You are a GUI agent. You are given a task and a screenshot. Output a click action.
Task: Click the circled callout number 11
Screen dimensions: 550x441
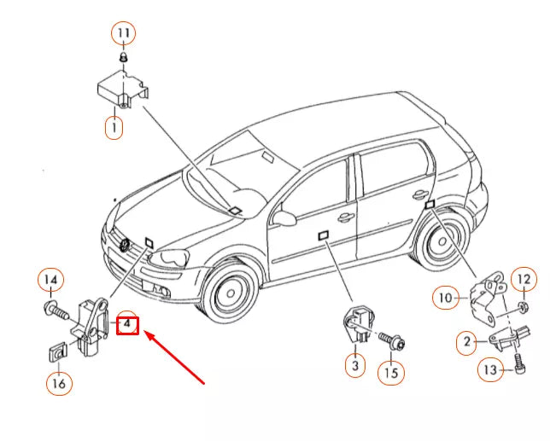pos(124,33)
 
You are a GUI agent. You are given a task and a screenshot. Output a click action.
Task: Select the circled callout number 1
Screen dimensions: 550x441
pos(114,127)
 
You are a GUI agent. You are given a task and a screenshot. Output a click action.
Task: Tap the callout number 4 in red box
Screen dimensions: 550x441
pos(127,325)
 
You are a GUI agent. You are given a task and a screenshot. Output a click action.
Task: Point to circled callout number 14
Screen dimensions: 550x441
pos(51,280)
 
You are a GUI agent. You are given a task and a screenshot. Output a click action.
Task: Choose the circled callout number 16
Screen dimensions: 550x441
pos(59,383)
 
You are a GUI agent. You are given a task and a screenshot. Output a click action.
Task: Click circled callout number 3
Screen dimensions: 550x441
pos(355,365)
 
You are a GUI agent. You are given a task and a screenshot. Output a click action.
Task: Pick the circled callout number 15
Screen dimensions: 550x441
pos(391,373)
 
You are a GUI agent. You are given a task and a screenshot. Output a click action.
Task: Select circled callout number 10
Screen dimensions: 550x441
pos(446,298)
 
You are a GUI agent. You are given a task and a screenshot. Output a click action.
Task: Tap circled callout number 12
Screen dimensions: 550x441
pos(524,279)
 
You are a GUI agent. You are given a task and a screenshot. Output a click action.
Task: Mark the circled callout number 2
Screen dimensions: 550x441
pos(467,342)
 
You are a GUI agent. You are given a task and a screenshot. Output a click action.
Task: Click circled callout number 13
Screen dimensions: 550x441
pos(490,369)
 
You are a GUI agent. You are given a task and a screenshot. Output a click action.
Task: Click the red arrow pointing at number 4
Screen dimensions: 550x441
pos(174,357)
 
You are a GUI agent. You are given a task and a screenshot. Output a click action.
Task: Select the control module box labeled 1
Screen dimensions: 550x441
pos(123,90)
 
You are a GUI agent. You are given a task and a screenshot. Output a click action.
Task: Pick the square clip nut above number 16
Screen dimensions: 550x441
pos(57,351)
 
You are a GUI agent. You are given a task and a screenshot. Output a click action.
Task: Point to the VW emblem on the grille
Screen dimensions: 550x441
pos(125,245)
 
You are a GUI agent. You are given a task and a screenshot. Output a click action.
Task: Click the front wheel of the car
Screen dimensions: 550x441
pos(230,292)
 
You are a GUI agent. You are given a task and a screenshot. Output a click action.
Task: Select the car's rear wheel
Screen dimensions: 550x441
pos(442,241)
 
